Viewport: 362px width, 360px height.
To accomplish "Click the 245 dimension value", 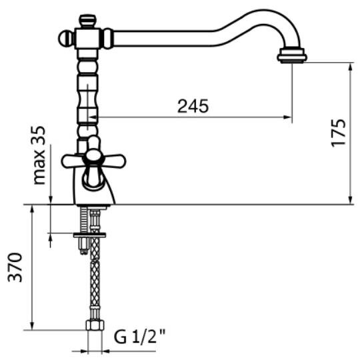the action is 193,106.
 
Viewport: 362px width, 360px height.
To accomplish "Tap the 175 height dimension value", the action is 339,133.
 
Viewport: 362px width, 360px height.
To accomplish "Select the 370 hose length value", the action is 15,267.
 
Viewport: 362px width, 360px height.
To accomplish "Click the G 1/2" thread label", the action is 140,337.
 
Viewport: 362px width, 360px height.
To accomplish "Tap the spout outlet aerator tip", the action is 292,55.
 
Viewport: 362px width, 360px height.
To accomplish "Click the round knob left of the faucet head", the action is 65,38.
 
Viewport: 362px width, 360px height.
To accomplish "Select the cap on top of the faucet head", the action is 87,21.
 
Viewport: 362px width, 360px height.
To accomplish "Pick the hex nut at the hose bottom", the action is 95,325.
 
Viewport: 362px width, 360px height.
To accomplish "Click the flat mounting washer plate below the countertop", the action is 89,235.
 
